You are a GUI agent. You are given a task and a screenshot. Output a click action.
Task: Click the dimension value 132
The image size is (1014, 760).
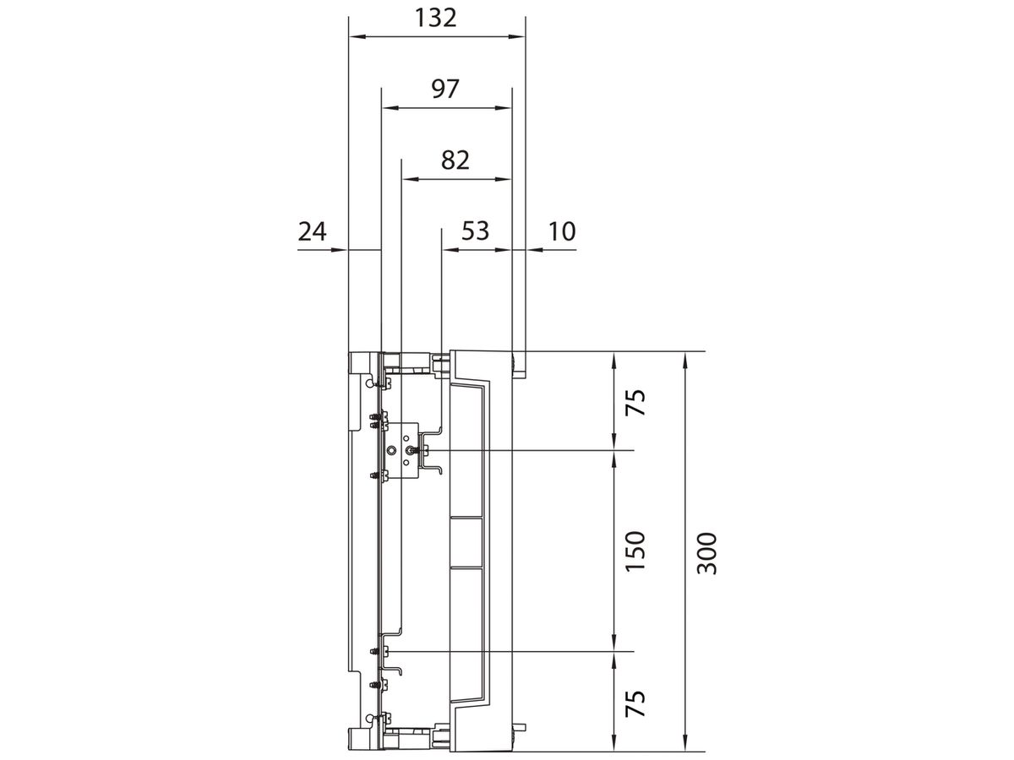point(436,18)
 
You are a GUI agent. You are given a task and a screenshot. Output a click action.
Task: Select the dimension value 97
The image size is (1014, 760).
point(445,90)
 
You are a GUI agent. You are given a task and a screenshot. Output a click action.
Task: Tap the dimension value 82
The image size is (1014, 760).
point(455,160)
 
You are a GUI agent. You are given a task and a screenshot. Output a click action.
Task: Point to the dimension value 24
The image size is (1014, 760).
point(313,231)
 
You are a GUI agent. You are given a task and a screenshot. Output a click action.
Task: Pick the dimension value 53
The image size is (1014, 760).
point(475,231)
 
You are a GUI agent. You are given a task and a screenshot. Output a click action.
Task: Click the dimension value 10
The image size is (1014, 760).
point(562,231)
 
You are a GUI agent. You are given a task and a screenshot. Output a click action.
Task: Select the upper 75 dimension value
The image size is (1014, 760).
point(635,402)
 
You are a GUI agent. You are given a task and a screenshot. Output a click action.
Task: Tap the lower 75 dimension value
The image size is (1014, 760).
point(635,703)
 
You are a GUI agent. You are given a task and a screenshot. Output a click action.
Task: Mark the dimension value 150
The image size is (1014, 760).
point(635,551)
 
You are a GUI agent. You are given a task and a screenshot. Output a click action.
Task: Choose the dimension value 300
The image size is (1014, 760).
point(707,553)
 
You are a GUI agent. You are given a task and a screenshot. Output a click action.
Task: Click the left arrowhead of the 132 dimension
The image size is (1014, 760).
point(356,36)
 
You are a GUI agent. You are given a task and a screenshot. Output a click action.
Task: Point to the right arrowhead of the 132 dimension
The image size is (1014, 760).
point(518,36)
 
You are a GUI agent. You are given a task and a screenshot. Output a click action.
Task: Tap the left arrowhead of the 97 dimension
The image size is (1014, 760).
point(388,108)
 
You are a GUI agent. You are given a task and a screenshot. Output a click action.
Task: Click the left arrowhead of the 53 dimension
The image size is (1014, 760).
point(449,250)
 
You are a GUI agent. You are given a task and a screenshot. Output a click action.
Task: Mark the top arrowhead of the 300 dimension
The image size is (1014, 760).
point(686,358)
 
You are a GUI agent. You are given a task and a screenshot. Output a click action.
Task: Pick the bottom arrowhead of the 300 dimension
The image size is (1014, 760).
point(686,743)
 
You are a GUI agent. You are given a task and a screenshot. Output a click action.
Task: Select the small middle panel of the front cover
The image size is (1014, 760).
point(466,541)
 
